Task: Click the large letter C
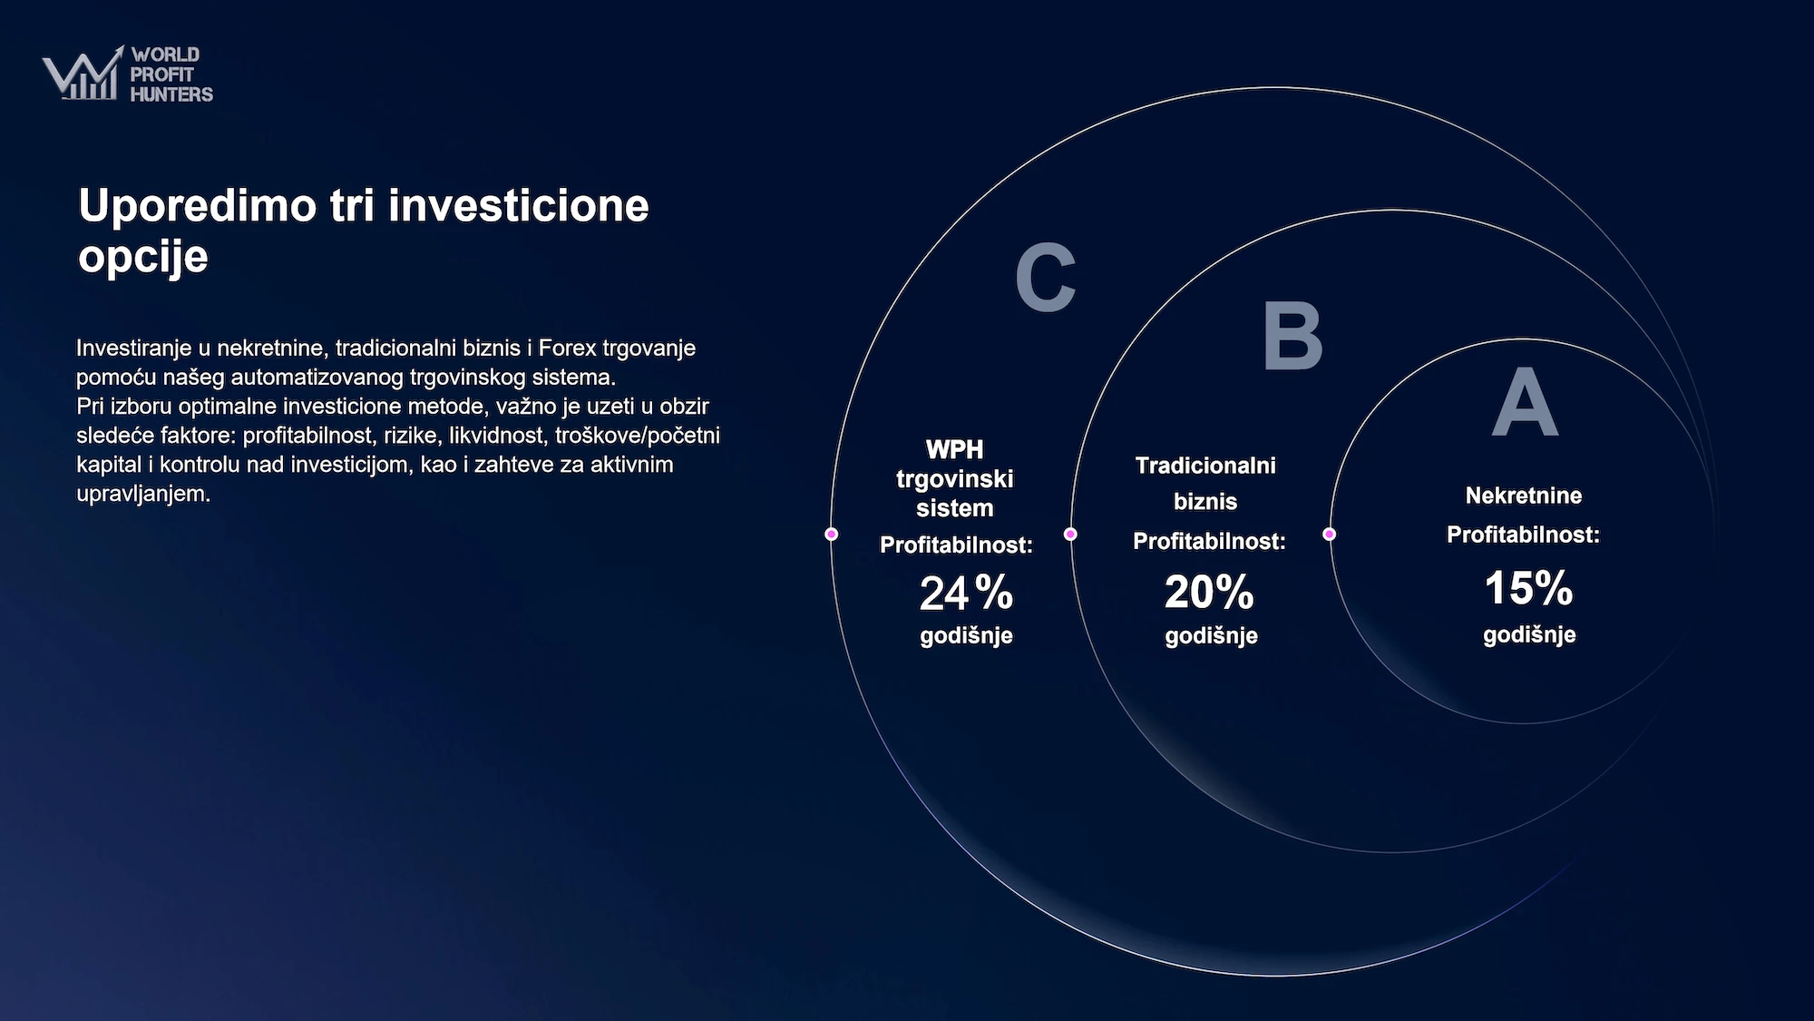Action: [x=1046, y=277]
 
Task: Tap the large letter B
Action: [x=1293, y=337]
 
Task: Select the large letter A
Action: [x=1526, y=402]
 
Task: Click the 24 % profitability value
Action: [x=966, y=594]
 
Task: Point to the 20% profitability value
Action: [x=1209, y=592]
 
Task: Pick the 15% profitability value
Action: [x=1528, y=588]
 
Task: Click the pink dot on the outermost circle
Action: [x=831, y=534]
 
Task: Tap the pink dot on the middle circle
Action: [x=1070, y=534]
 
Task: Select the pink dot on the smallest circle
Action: [x=1330, y=534]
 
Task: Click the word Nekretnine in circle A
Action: [x=1524, y=496]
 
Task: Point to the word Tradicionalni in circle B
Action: [x=1205, y=466]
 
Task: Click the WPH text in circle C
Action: [x=954, y=449]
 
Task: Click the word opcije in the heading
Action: [x=143, y=257]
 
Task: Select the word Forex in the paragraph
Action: [x=568, y=348]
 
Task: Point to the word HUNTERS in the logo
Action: [x=171, y=93]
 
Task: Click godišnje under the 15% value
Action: [x=1529, y=634]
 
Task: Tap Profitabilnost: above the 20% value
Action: [x=1209, y=542]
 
